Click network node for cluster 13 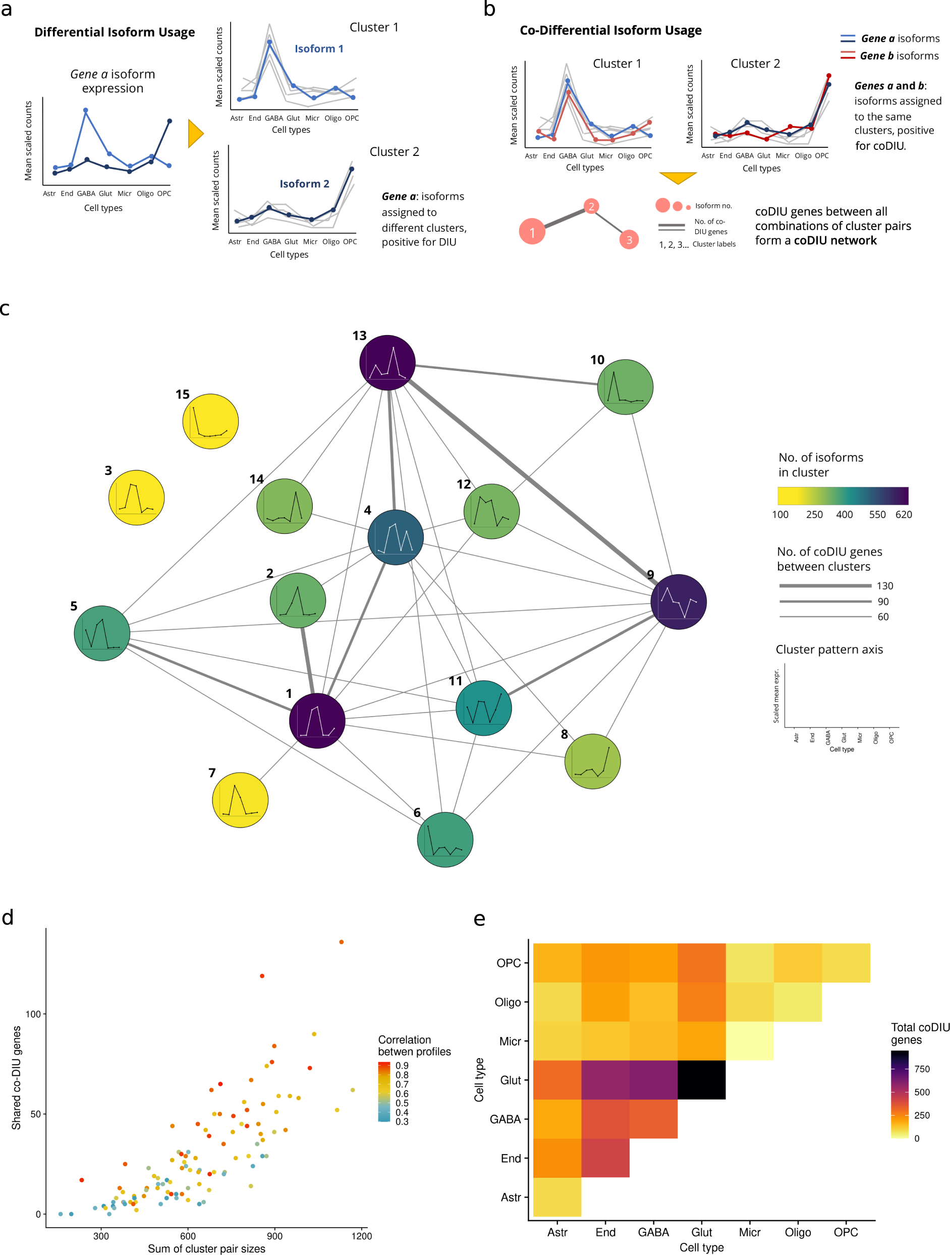click(x=387, y=362)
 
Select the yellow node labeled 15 click(x=210, y=421)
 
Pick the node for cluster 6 click(x=444, y=839)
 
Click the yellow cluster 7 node click(x=240, y=799)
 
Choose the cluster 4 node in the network click(x=396, y=537)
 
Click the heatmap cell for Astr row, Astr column click(x=557, y=1196)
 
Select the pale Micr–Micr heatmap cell click(x=749, y=1041)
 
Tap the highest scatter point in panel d click(x=342, y=942)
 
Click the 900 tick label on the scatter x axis click(x=274, y=1235)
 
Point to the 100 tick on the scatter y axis click(x=33, y=1014)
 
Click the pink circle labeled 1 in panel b click(x=531, y=232)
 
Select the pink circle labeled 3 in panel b click(x=629, y=239)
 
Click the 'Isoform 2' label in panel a click(x=304, y=184)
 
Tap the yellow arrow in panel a click(x=195, y=133)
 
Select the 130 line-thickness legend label click(x=884, y=585)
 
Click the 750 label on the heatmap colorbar click(x=922, y=1069)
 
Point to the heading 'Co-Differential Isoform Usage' click(x=610, y=30)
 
